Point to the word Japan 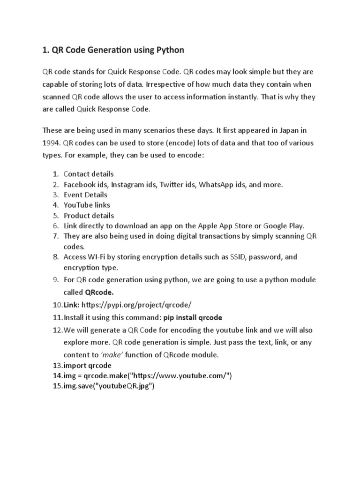click(x=281, y=130)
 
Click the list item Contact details click(x=89, y=174)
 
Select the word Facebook click(x=80, y=184)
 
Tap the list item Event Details click(x=85, y=195)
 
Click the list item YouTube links click(x=87, y=205)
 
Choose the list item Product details click(x=89, y=216)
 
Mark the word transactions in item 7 click(x=222, y=236)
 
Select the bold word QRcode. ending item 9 click(x=99, y=292)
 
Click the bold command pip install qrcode click(x=192, y=317)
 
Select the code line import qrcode click(x=88, y=365)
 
